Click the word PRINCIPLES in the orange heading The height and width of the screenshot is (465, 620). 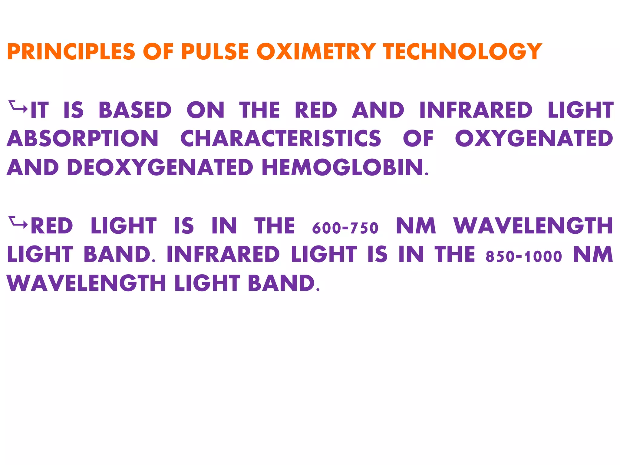pyautogui.click(x=71, y=51)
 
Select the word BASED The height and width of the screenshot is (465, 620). pyautogui.click(x=135, y=110)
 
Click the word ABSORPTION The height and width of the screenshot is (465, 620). pyautogui.click(x=82, y=139)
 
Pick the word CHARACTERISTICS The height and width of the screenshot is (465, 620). pyautogui.click(x=281, y=139)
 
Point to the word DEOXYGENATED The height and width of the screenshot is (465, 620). pyautogui.click(x=160, y=167)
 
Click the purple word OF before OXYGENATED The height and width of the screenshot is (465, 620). pyautogui.click(x=418, y=139)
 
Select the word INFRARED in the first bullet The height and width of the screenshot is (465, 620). pyautogui.click(x=476, y=110)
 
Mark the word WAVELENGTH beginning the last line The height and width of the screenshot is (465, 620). pyautogui.click(x=86, y=283)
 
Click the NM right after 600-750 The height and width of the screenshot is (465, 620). pyautogui.click(x=416, y=226)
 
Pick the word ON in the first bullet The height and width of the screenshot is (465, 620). pyautogui.click(x=206, y=110)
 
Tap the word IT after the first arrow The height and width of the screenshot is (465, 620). pyautogui.click(x=40, y=110)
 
